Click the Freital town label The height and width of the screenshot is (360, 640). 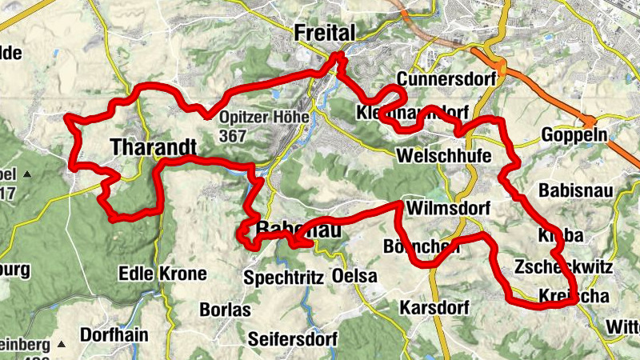click(x=323, y=33)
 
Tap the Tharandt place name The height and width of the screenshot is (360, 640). click(x=153, y=148)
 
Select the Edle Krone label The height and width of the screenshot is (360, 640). click(x=162, y=274)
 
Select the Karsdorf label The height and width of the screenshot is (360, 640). click(x=433, y=308)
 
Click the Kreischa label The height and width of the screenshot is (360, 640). click(x=574, y=296)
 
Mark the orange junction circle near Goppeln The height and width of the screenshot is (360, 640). click(x=590, y=122)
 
